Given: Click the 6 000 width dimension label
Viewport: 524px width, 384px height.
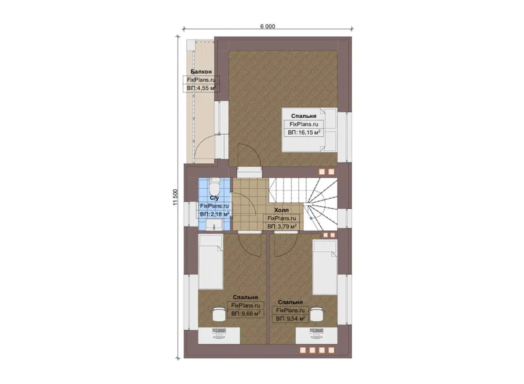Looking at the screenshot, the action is tap(268, 26).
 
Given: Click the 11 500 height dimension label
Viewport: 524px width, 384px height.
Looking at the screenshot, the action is tap(176, 198).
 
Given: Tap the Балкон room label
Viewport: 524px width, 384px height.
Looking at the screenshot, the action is tap(201, 72).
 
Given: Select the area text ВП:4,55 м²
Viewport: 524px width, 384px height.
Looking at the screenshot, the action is tap(201, 88).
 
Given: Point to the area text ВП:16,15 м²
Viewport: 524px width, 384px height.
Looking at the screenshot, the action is tap(304, 132).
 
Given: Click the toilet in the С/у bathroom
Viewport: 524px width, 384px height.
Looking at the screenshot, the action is tap(214, 185).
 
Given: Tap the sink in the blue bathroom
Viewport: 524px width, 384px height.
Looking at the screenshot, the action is tap(214, 225).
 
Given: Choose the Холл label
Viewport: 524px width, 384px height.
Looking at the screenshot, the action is tap(281, 210).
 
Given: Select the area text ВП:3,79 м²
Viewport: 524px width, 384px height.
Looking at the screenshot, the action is tap(282, 227).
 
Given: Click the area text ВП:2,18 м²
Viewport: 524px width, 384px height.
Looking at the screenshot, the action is tap(214, 214).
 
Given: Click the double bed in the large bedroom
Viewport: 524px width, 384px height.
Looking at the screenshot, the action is tap(309, 130).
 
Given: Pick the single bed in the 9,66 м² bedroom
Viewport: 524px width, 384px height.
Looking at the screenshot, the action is tap(211, 262).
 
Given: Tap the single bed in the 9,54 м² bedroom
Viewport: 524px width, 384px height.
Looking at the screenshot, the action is tap(325, 267).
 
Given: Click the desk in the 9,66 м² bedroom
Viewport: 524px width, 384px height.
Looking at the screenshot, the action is tap(219, 336).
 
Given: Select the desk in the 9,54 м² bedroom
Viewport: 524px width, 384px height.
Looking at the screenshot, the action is tap(317, 336).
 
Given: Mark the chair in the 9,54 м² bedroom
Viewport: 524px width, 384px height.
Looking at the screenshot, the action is tap(317, 314).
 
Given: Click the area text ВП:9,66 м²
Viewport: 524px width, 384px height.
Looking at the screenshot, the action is tap(246, 313).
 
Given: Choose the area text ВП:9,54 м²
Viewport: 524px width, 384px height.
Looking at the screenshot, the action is tap(291, 319).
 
